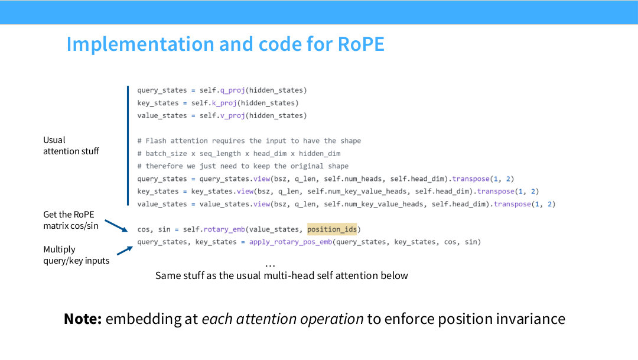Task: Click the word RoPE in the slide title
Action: point(361,44)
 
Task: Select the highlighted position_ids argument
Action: point(332,229)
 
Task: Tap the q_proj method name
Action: point(232,90)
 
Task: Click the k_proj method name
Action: point(224,103)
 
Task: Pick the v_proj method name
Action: point(232,116)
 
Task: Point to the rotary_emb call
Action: point(224,229)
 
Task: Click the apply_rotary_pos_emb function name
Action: point(291,242)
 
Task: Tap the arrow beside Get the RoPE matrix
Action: point(116,226)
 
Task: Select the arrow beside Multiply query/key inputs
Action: point(125,251)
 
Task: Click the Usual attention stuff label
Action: point(71,145)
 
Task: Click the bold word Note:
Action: point(83,319)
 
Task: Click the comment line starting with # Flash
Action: point(249,141)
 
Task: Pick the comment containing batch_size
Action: point(239,154)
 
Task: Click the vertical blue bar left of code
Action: point(128,146)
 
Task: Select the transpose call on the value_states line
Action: point(512,204)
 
